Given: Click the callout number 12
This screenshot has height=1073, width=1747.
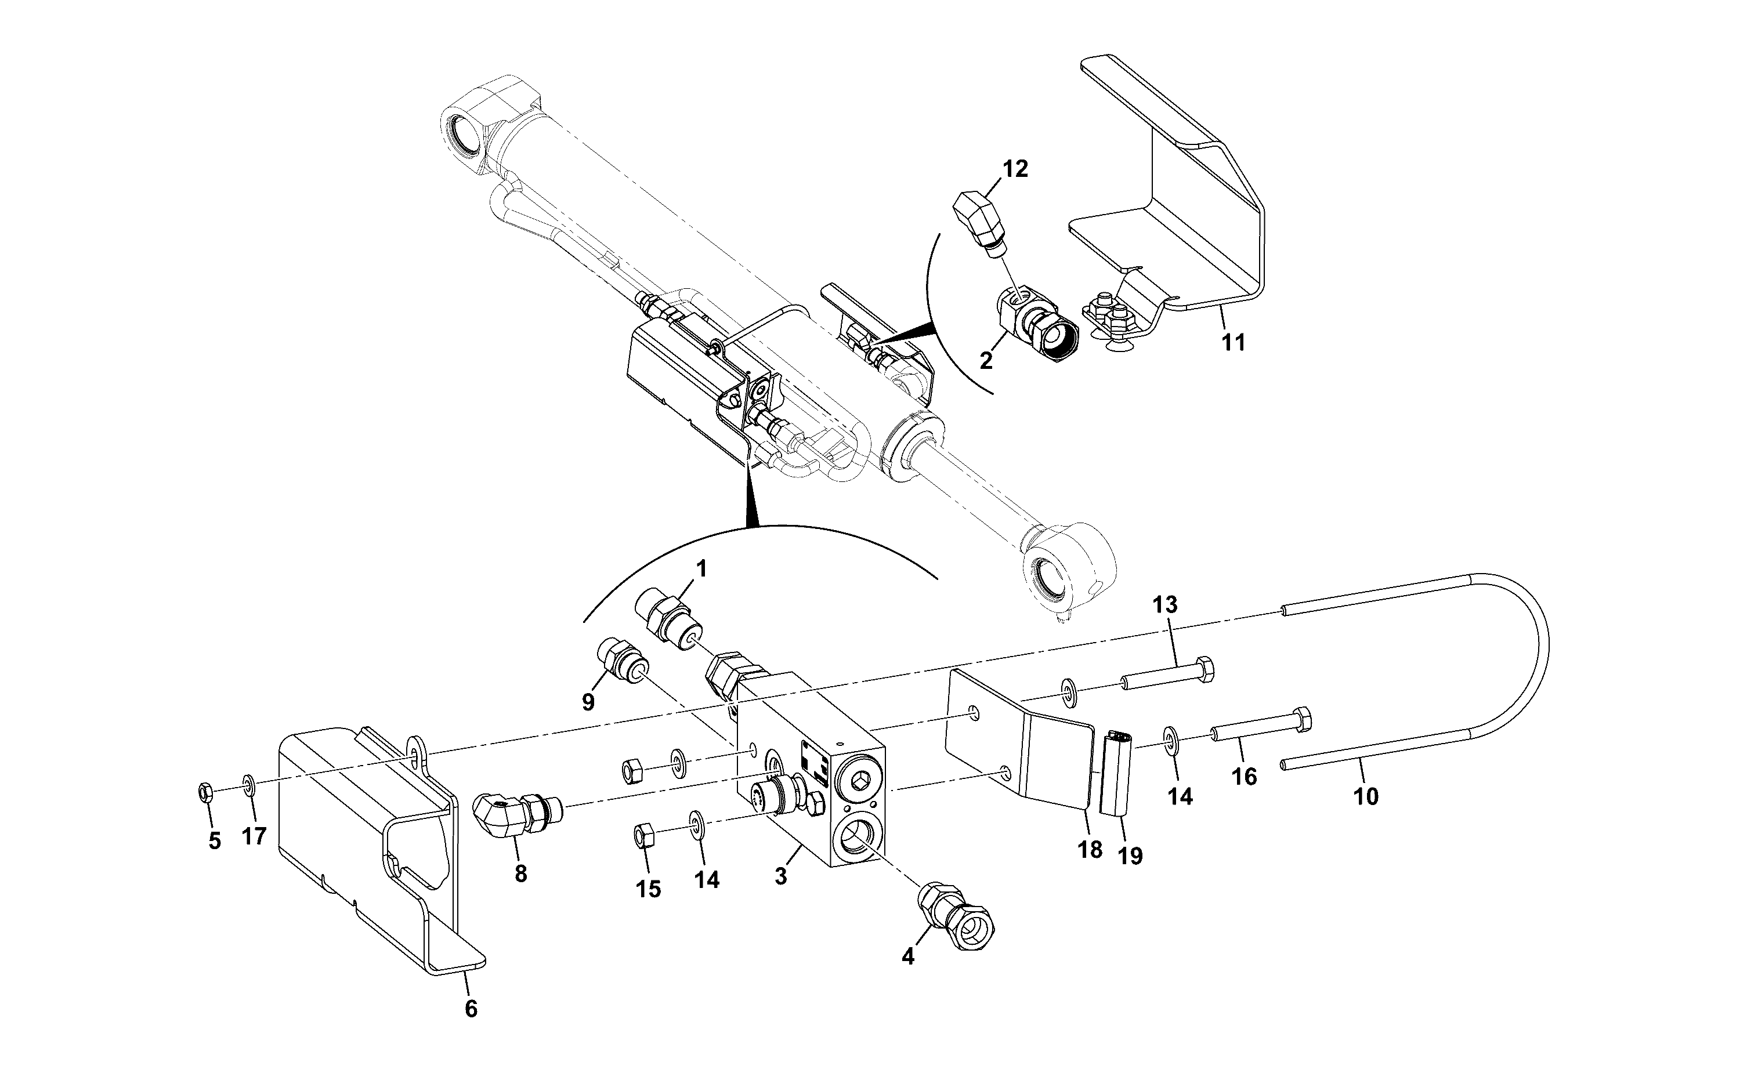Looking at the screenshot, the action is point(1015,169).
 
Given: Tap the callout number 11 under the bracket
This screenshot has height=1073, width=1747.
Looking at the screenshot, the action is point(1233,343).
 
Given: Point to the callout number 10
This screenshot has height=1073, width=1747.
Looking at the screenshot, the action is point(1366,797).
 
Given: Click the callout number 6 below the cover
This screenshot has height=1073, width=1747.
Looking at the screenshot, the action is point(471,1009).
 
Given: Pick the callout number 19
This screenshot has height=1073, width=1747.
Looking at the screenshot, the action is point(1130,856).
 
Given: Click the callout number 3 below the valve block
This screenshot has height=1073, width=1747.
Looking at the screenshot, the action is point(781,876).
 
